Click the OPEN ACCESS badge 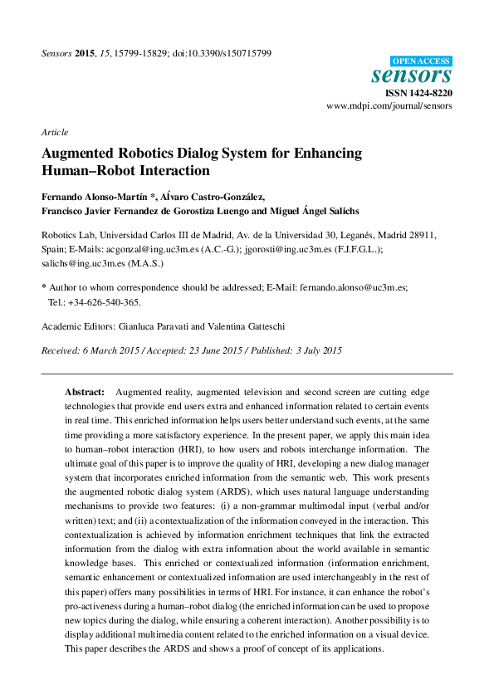click(421, 61)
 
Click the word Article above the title click(54, 132)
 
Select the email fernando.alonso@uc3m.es click(353, 286)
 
